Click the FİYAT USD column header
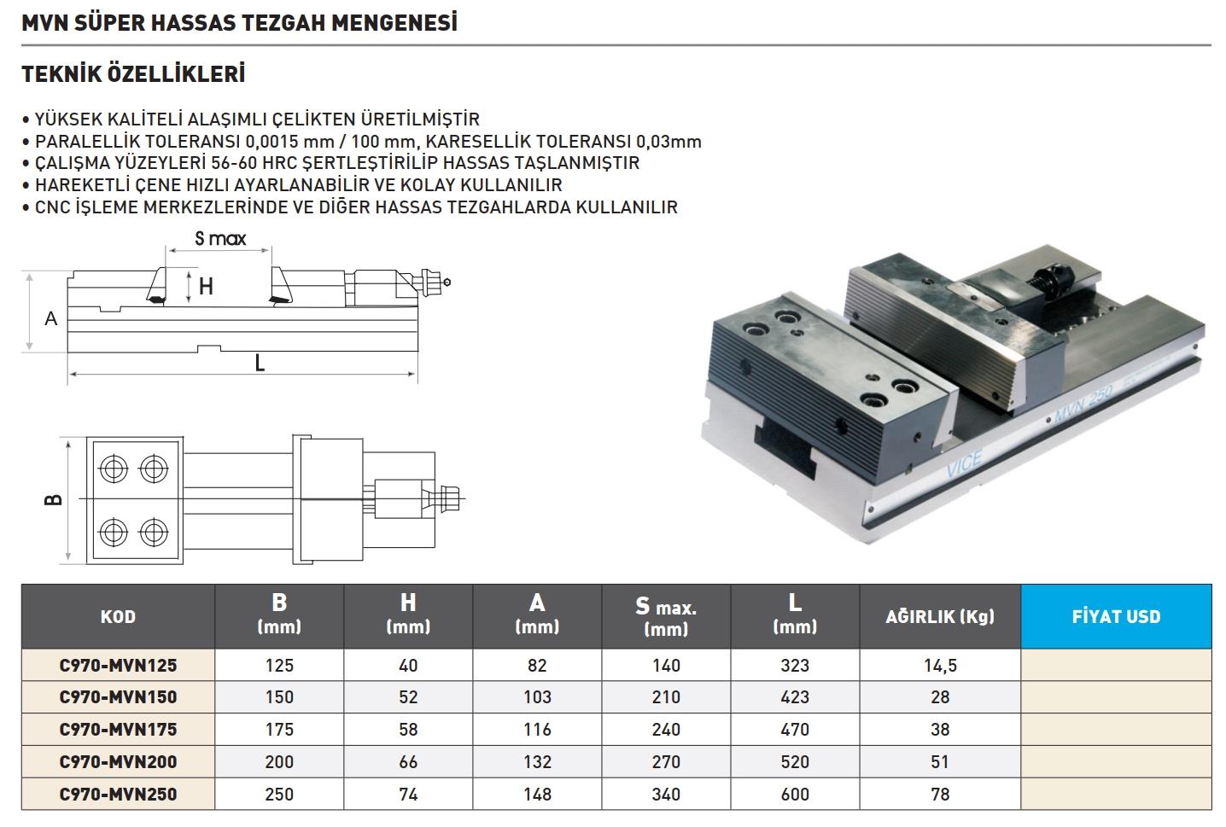pyautogui.click(x=1116, y=616)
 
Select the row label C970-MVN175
pyautogui.click(x=118, y=729)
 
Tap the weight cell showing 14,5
pyautogui.click(x=940, y=665)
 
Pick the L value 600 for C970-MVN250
pyautogui.click(x=795, y=794)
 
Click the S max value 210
pyautogui.click(x=666, y=696)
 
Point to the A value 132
pyautogui.click(x=537, y=761)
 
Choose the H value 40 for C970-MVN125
pyautogui.click(x=408, y=665)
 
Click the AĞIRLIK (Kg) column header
pyautogui.click(x=940, y=616)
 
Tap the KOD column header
pyautogui.click(x=118, y=617)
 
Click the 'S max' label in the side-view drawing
pyautogui.click(x=220, y=238)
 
